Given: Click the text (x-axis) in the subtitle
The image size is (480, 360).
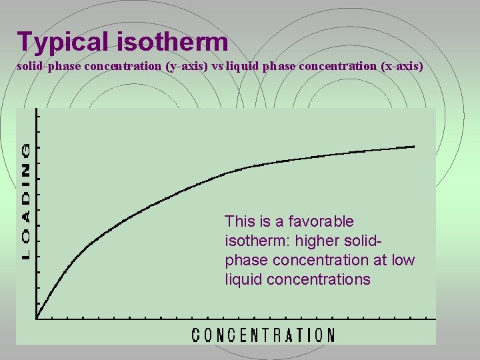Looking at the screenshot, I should tap(400, 67).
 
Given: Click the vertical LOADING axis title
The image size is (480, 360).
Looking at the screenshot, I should tap(26, 200).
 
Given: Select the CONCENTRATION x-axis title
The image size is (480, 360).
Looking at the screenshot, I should tap(263, 335).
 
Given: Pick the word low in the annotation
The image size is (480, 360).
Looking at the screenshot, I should tap(403, 260).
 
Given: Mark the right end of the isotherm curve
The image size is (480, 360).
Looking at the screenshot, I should tap(413, 147).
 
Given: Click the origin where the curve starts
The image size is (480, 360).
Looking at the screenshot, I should tap(37, 317).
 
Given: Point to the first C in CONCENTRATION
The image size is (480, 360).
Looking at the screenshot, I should tap(197, 335).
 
